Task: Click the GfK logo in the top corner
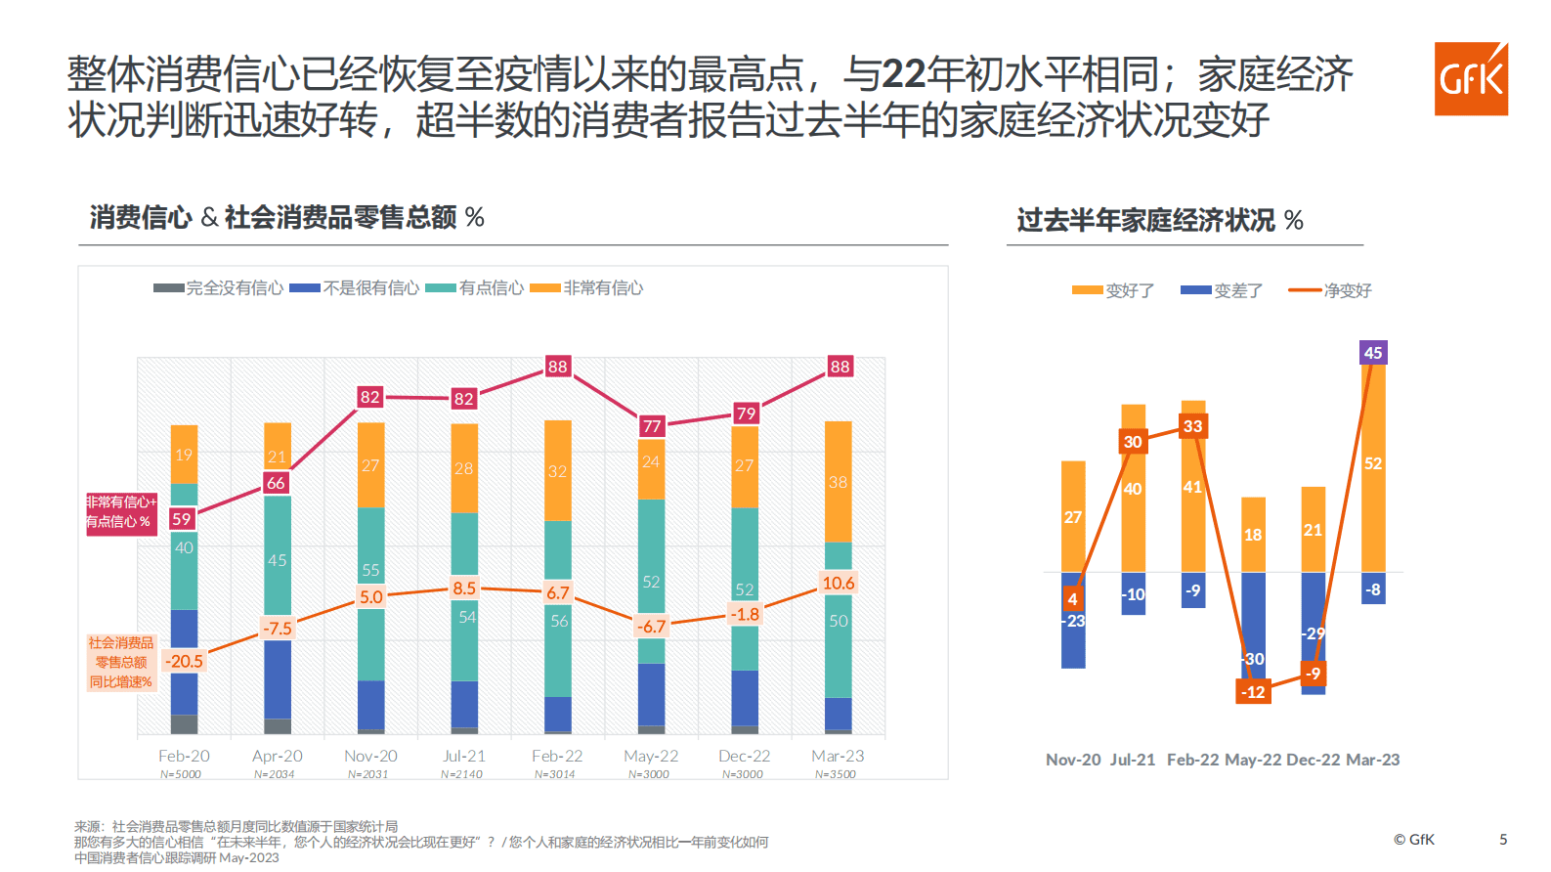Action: coord(1471,78)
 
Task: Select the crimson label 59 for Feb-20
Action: coord(182,519)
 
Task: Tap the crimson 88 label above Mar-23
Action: coord(840,367)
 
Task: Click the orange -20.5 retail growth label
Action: coord(184,661)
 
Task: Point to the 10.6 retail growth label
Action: coord(838,583)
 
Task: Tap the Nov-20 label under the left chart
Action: coord(370,756)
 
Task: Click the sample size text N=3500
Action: coord(836,774)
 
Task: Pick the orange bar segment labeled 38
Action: coord(838,482)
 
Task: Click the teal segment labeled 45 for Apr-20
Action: coord(278,559)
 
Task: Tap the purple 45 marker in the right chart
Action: coord(1372,353)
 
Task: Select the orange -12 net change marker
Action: coord(1253,692)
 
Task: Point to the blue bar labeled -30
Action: coord(1254,626)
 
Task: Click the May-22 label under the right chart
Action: coord(1253,760)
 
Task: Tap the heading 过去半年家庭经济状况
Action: coord(1145,220)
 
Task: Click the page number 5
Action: coord(1503,839)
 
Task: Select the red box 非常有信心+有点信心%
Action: coord(120,511)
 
